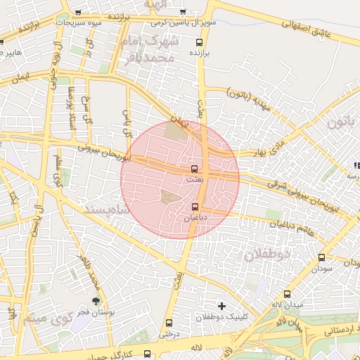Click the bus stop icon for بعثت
[195, 169]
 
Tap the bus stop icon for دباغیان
[195, 207]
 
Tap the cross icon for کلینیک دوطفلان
[222, 305]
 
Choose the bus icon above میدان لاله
[287, 294]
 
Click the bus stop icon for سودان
[322, 257]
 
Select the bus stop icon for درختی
[168, 323]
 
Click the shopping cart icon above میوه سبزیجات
[77, 13]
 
